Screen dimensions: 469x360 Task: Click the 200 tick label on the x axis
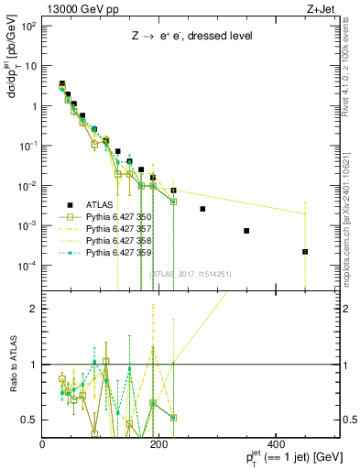(x=158, y=444)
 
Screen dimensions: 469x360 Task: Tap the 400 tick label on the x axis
(x=275, y=444)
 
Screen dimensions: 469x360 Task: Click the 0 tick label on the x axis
(x=43, y=444)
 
